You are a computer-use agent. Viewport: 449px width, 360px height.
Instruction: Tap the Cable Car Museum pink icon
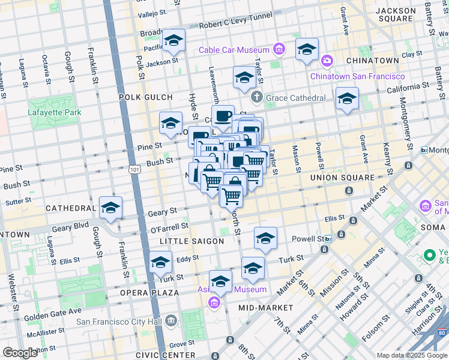[x=279, y=49]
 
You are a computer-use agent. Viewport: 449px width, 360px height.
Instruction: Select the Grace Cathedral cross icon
[x=256, y=97]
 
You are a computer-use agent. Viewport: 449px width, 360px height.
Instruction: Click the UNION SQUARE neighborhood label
[x=338, y=178]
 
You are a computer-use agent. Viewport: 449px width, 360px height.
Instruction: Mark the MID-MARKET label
[x=265, y=308]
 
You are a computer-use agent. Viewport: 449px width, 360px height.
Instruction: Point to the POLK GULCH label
[x=145, y=97]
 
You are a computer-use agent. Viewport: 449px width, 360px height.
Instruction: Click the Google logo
[x=20, y=353]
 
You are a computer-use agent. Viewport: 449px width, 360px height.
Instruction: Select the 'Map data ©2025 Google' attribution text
[x=412, y=355]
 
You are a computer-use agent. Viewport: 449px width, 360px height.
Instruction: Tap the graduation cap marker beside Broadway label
[x=174, y=41]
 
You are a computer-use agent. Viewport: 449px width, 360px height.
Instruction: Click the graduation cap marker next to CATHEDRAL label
[x=110, y=208]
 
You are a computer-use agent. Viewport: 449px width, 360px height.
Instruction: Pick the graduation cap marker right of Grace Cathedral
[x=346, y=99]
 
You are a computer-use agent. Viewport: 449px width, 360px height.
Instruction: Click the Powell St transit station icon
[x=328, y=238]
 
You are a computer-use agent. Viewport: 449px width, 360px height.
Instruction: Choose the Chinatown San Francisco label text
[x=357, y=76]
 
